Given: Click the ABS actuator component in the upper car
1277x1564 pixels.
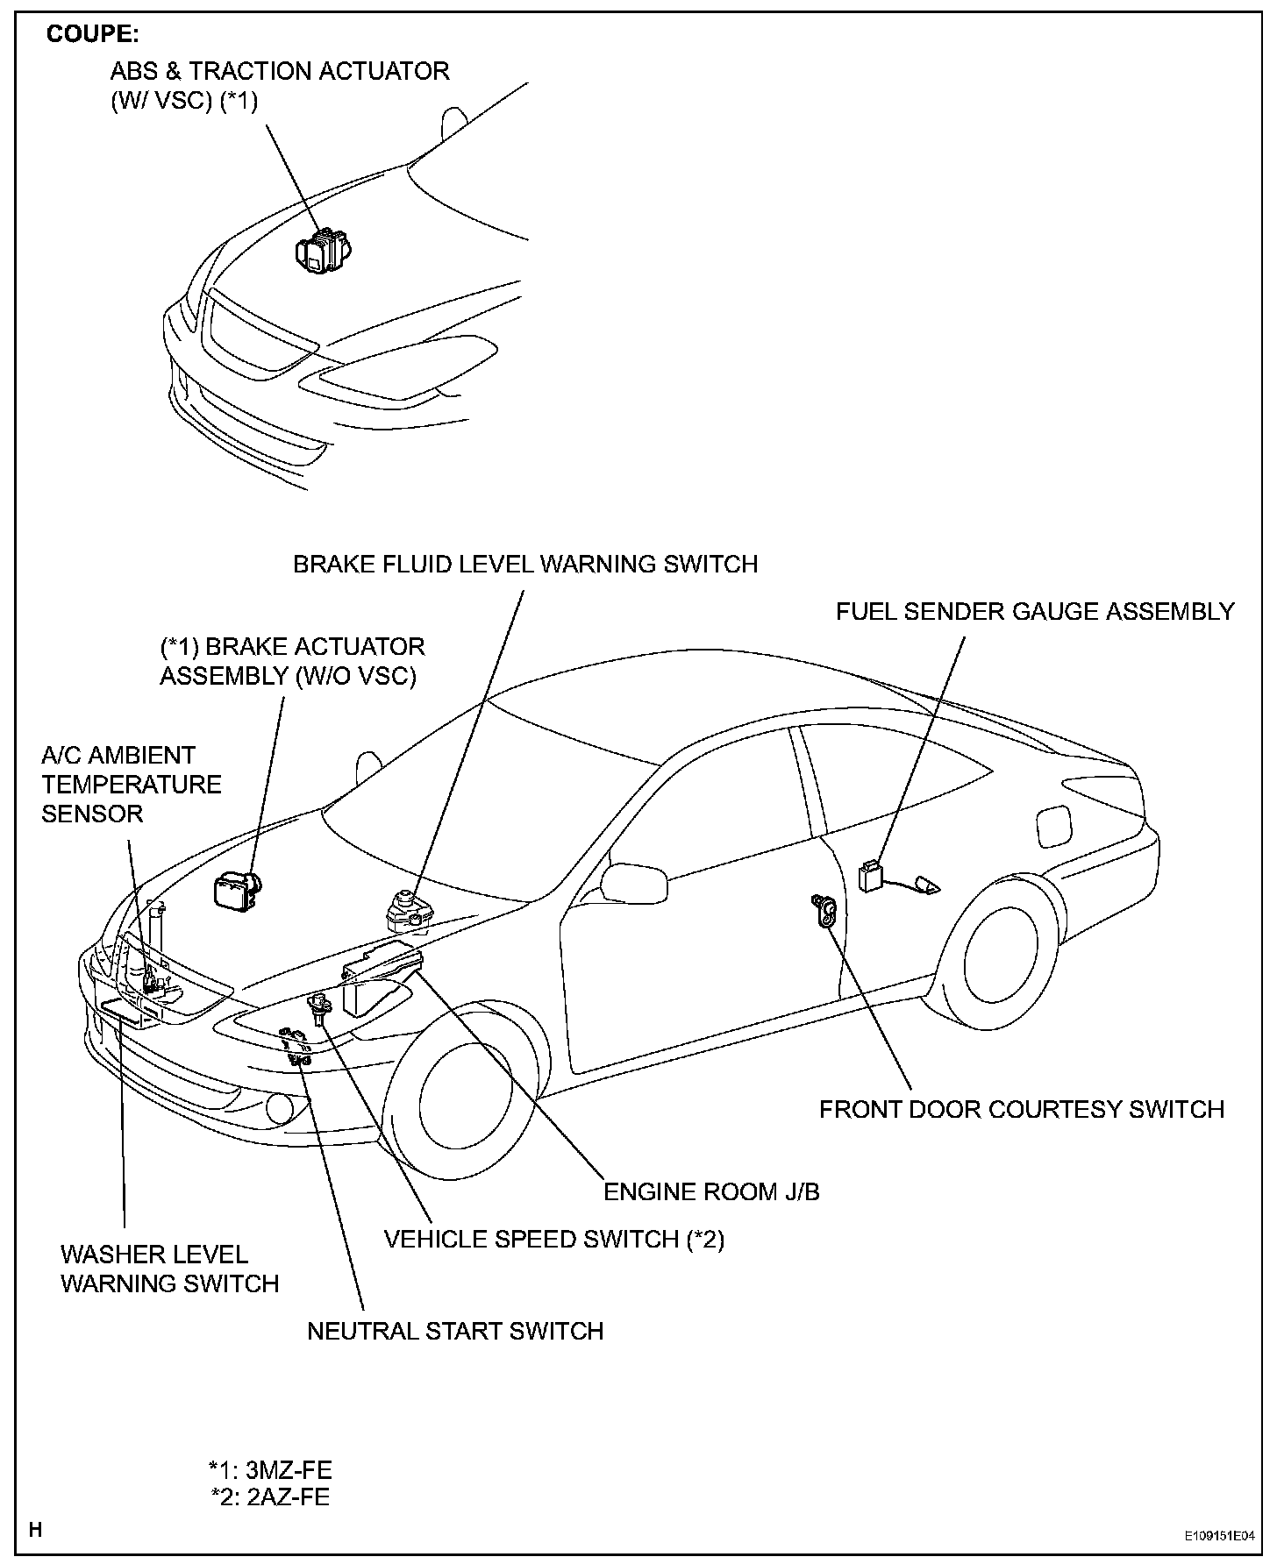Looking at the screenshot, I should click(322, 251).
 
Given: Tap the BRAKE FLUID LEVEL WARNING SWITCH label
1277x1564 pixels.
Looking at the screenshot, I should click(525, 564).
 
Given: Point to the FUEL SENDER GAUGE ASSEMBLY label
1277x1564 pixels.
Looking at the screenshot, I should click(1035, 611).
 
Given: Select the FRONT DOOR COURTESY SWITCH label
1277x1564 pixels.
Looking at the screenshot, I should click(1022, 1109).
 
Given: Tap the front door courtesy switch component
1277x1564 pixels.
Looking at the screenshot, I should click(825, 911).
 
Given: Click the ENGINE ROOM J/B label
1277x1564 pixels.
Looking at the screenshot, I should click(711, 1191).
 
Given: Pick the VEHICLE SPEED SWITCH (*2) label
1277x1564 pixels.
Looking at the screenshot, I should click(554, 1239).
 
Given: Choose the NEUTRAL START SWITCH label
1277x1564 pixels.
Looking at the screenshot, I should click(455, 1331).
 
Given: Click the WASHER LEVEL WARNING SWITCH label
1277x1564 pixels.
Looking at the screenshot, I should click(169, 1269).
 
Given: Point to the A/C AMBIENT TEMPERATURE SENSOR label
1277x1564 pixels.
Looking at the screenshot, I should click(132, 784).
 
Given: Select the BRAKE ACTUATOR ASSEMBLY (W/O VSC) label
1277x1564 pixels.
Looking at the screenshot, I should click(292, 661).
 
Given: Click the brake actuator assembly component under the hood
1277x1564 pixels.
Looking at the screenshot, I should click(238, 890).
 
